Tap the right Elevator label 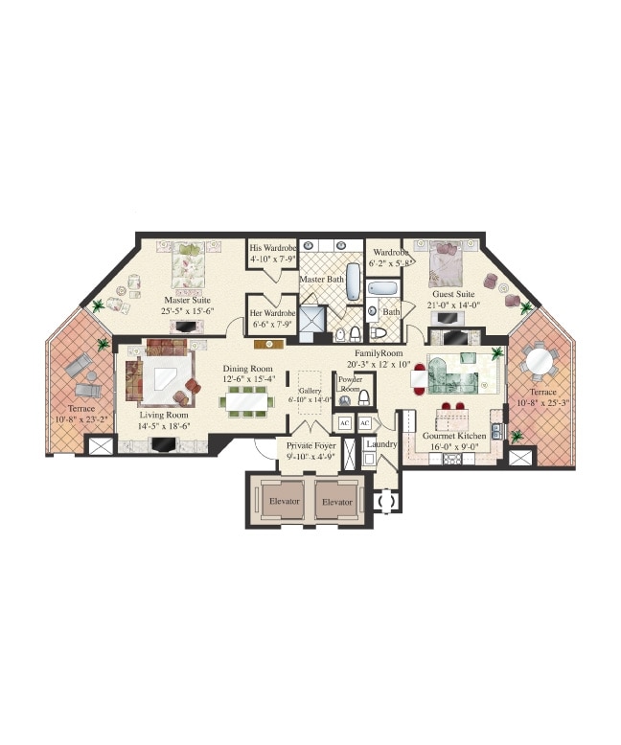(336, 501)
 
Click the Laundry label (380, 444)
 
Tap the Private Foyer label (311, 445)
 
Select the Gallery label (309, 391)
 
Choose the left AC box (344, 423)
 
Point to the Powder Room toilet (363, 400)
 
